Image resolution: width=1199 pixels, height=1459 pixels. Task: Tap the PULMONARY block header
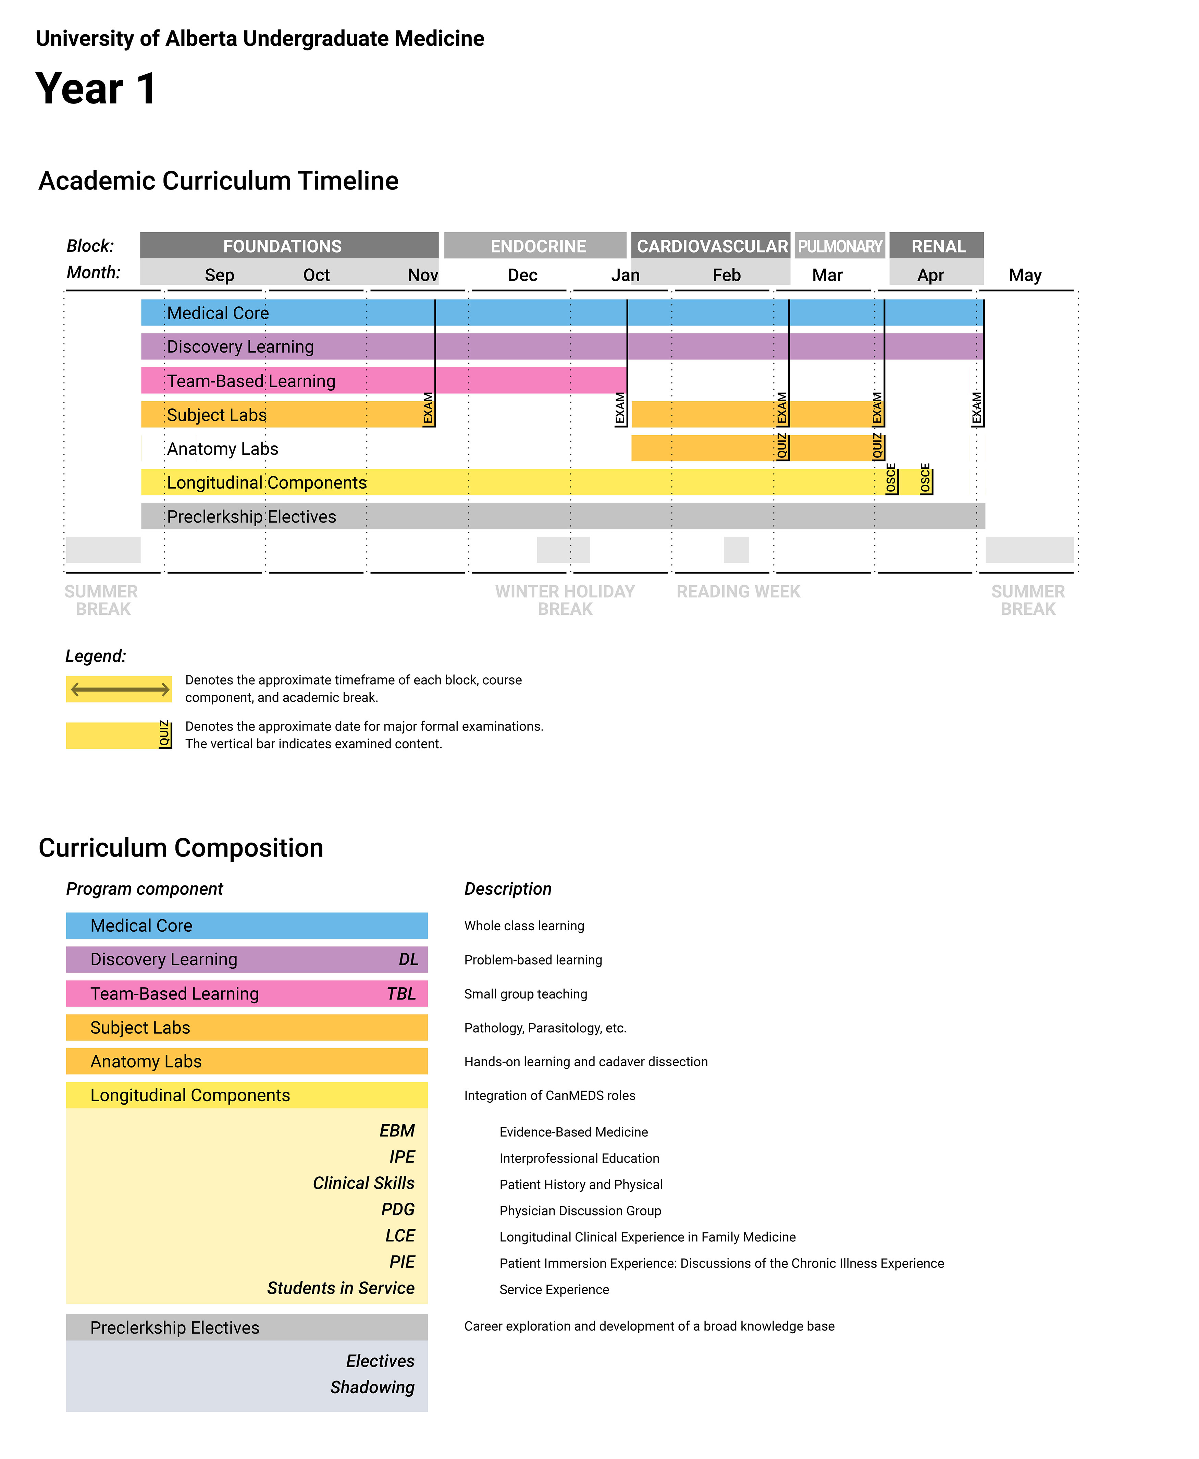(840, 246)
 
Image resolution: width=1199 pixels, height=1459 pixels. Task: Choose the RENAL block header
(938, 246)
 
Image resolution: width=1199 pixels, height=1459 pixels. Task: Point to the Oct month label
(316, 275)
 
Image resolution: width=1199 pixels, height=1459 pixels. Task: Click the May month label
(1025, 275)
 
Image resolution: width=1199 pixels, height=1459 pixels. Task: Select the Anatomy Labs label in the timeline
(222, 449)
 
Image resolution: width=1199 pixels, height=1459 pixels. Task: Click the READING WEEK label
(738, 591)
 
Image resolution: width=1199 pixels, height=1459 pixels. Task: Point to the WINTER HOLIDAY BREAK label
(565, 600)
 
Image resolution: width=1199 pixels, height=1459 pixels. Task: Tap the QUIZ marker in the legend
(164, 734)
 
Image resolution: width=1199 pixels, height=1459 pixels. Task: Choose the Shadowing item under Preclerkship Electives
(372, 1387)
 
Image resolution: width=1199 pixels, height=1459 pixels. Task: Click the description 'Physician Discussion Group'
(580, 1210)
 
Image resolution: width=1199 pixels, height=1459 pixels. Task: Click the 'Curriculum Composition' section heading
(181, 848)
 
